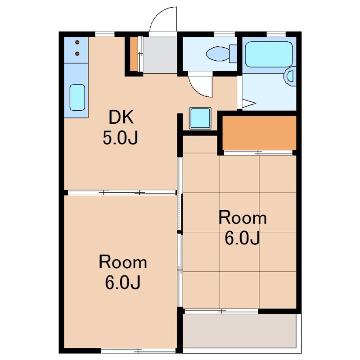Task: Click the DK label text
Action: [x=121, y=117]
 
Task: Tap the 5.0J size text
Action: [x=120, y=138]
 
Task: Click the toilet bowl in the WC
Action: [x=217, y=54]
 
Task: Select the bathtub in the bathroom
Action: [x=269, y=54]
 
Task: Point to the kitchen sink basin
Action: [x=77, y=97]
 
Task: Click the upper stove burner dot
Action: [x=77, y=42]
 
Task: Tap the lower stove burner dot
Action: [x=77, y=54]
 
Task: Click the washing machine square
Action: [x=200, y=118]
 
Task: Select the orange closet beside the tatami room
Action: [x=260, y=133]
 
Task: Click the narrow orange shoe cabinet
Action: [x=134, y=54]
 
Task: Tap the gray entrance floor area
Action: [x=160, y=55]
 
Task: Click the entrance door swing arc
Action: [x=158, y=13]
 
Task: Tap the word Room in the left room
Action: [x=123, y=262]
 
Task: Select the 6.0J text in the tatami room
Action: [x=242, y=238]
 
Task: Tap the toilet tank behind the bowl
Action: [x=233, y=54]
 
